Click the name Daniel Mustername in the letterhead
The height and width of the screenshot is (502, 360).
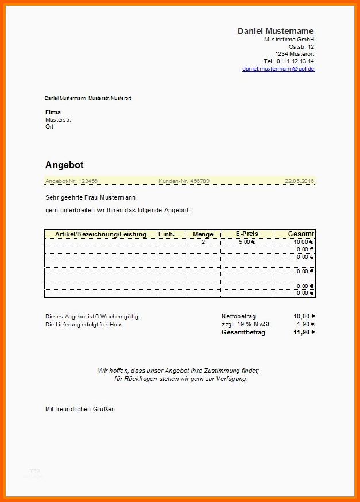pos(276,31)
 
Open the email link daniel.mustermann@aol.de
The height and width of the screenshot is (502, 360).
pos(278,69)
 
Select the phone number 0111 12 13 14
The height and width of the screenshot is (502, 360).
pos(296,61)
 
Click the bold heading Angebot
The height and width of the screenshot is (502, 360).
pos(64,165)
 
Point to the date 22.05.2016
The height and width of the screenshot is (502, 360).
pos(299,181)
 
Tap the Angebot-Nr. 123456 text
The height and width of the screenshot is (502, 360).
pos(71,181)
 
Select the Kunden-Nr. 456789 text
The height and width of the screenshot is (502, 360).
pos(184,181)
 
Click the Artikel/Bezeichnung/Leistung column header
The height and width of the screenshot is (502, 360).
pos(100,234)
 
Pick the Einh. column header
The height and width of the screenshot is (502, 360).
pos(167,234)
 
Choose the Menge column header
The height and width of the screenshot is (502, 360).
pos(203,234)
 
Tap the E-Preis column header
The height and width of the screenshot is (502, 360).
pos(246,234)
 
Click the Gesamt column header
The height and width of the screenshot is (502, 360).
pos(301,234)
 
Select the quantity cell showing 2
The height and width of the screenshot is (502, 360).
pos(203,242)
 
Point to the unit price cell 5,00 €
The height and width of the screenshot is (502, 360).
pos(246,242)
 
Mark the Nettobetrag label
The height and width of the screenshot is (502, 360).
pos(238,316)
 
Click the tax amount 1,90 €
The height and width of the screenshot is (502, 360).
pos(305,324)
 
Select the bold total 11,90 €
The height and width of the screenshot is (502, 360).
pos(304,333)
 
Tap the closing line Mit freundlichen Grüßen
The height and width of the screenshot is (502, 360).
pos(80,409)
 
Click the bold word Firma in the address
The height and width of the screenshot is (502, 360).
pos(53,112)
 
